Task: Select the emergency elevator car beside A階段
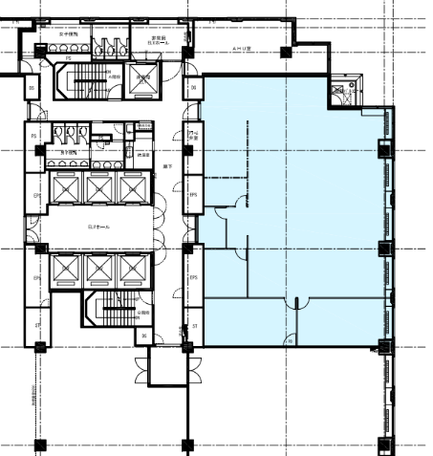tap(144, 82)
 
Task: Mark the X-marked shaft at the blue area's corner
tap(338, 94)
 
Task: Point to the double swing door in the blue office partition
tap(295, 304)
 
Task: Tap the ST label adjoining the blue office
tap(194, 327)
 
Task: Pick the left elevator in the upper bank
tap(65, 189)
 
